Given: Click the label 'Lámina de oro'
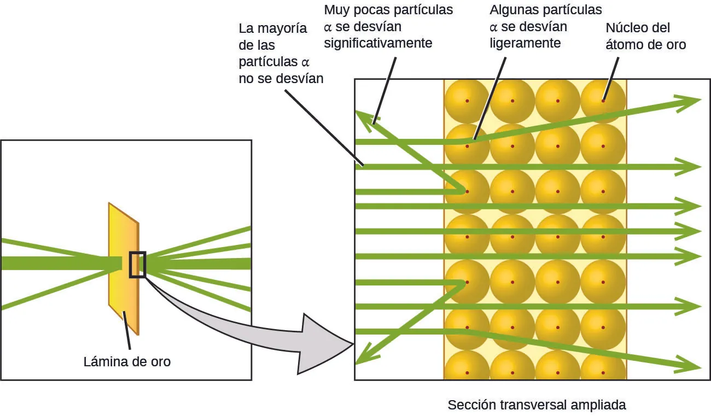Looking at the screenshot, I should click(x=127, y=361).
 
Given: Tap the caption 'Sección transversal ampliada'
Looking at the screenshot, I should click(x=536, y=405).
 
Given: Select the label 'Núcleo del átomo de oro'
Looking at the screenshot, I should click(x=645, y=36).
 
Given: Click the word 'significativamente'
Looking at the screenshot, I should click(x=378, y=43).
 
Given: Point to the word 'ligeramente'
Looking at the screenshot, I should click(x=525, y=43).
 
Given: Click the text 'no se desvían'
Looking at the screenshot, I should click(x=281, y=78).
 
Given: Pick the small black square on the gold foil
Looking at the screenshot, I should click(x=137, y=265).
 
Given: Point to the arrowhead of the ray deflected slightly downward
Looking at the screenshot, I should click(x=690, y=365).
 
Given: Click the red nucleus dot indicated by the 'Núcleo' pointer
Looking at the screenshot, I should click(x=603, y=101).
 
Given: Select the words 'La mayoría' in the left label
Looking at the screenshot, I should click(x=273, y=28).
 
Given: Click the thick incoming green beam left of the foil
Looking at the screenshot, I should click(x=55, y=263).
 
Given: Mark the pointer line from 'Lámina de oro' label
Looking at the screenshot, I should click(x=127, y=331).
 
